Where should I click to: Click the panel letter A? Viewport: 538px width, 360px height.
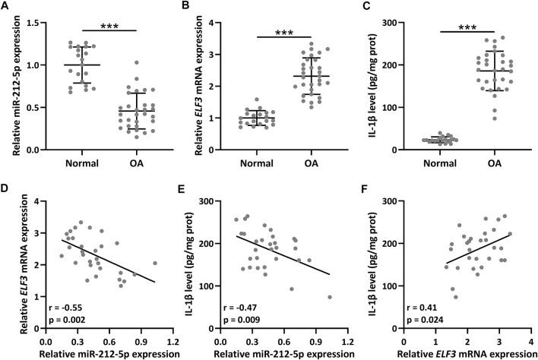(x=6, y=7)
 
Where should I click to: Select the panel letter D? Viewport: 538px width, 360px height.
(x=6, y=188)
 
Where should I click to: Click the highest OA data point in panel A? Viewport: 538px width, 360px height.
(x=115, y=63)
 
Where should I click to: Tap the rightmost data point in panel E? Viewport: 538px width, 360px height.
(x=330, y=298)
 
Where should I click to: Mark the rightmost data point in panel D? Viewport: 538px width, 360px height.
(x=154, y=264)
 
